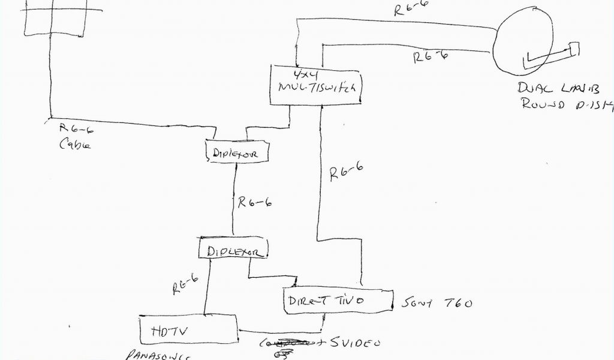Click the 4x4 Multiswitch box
coord(317,84)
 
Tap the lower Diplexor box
coord(232,249)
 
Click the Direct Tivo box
coord(338,300)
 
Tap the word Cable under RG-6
coord(75,145)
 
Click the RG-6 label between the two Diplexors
coord(255,202)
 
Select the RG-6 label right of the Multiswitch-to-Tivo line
coord(346,172)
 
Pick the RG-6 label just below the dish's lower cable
coord(431,58)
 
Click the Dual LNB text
coord(557,88)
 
